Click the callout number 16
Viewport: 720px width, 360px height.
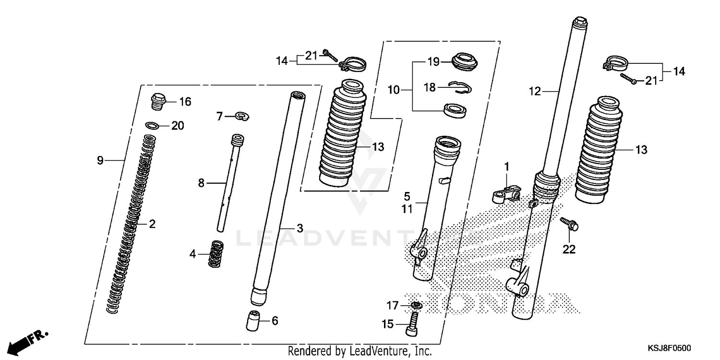click(x=185, y=102)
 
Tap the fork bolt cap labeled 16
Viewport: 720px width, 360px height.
click(x=158, y=101)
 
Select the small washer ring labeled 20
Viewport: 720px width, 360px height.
click(x=152, y=126)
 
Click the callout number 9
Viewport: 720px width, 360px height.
click(x=100, y=160)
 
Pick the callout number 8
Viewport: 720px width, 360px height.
click(x=201, y=183)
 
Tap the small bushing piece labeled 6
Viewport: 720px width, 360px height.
click(x=255, y=320)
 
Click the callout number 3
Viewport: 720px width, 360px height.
click(x=300, y=228)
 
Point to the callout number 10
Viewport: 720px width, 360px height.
click(x=394, y=90)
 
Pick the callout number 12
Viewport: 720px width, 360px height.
click(x=534, y=91)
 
